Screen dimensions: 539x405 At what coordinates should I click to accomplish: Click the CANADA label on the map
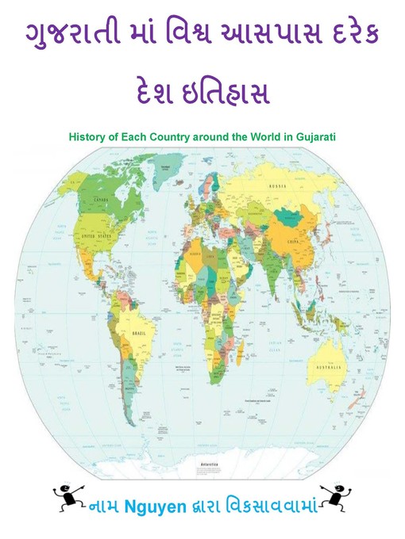(102, 201)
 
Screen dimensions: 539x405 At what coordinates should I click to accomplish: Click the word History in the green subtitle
(88, 136)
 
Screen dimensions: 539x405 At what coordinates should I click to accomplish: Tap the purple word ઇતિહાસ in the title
(237, 95)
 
